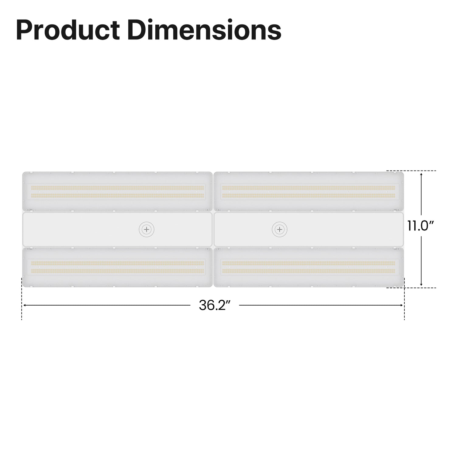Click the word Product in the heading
point(67,30)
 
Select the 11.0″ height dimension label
point(420,226)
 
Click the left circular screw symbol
point(147,229)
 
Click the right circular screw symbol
point(280,229)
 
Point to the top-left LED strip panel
point(117,192)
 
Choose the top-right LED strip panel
point(309,192)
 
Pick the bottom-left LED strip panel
point(117,267)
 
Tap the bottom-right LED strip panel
point(309,267)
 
